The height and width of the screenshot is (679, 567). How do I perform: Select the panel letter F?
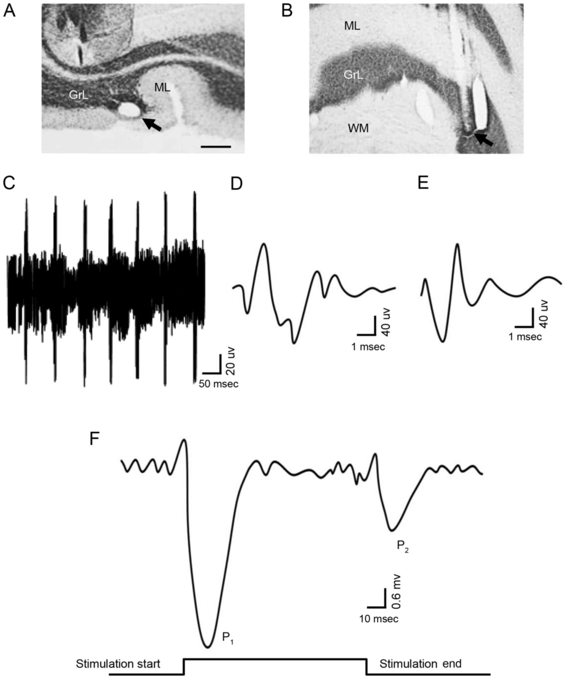point(94,439)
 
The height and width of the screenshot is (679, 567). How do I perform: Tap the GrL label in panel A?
point(79,95)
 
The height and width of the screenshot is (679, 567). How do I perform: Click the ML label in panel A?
point(162,87)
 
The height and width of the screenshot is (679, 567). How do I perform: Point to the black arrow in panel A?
point(152,124)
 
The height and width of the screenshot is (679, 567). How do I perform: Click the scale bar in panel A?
point(216,147)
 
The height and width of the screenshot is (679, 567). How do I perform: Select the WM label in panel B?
point(358,129)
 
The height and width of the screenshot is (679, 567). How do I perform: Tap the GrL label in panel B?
point(353,75)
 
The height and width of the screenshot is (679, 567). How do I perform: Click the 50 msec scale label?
point(219,384)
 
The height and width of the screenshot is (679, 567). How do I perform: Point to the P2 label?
point(403,547)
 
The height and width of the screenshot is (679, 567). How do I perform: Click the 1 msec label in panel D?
point(368,347)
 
